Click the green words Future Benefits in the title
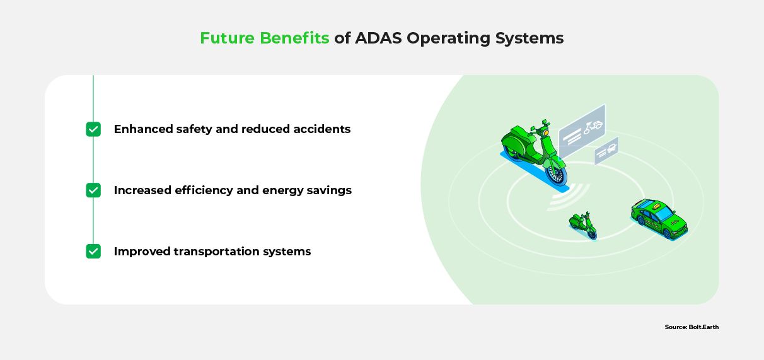[264, 38]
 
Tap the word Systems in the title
[530, 38]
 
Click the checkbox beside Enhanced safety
[93, 129]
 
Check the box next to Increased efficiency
[93, 190]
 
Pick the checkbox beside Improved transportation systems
[93, 252]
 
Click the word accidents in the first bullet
[321, 129]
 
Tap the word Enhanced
[144, 129]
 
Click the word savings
[329, 191]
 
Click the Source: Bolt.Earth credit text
[692, 327]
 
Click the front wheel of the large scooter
[556, 175]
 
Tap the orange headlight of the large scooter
[546, 132]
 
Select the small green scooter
[583, 225]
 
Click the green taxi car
[659, 219]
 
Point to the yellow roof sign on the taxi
[656, 206]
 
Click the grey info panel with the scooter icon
[582, 131]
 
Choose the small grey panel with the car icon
[606, 151]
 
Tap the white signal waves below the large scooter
[568, 197]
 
